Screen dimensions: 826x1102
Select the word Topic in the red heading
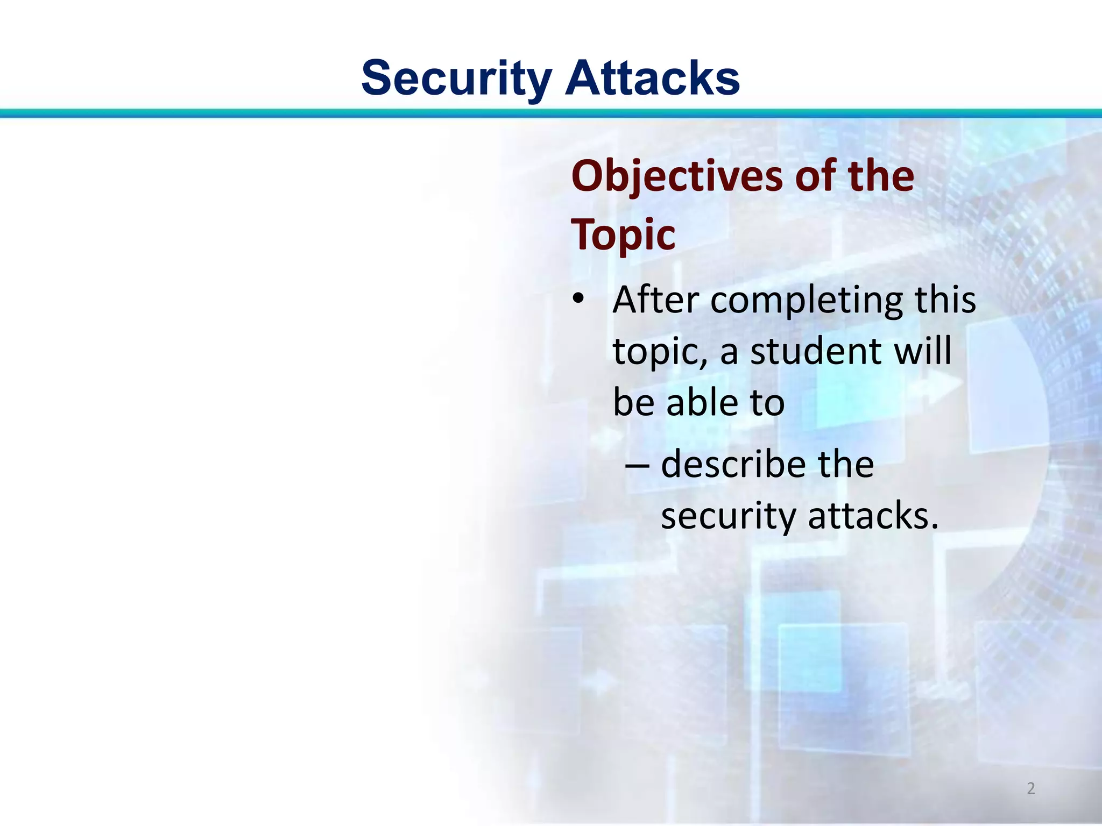click(623, 236)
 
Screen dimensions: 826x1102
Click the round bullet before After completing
click(578, 299)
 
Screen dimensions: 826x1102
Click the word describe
click(732, 465)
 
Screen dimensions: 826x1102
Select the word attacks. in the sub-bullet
click(873, 516)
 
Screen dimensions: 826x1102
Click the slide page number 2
click(1030, 788)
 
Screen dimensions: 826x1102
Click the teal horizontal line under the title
click(551, 113)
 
